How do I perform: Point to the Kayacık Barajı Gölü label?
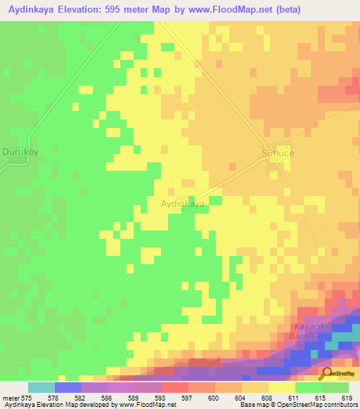[313, 332]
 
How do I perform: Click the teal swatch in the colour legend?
[41, 387]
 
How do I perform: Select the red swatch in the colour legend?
[174, 387]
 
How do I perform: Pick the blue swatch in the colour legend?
[67, 387]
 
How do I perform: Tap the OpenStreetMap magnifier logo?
[326, 373]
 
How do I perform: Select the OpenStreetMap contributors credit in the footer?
[321, 405]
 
